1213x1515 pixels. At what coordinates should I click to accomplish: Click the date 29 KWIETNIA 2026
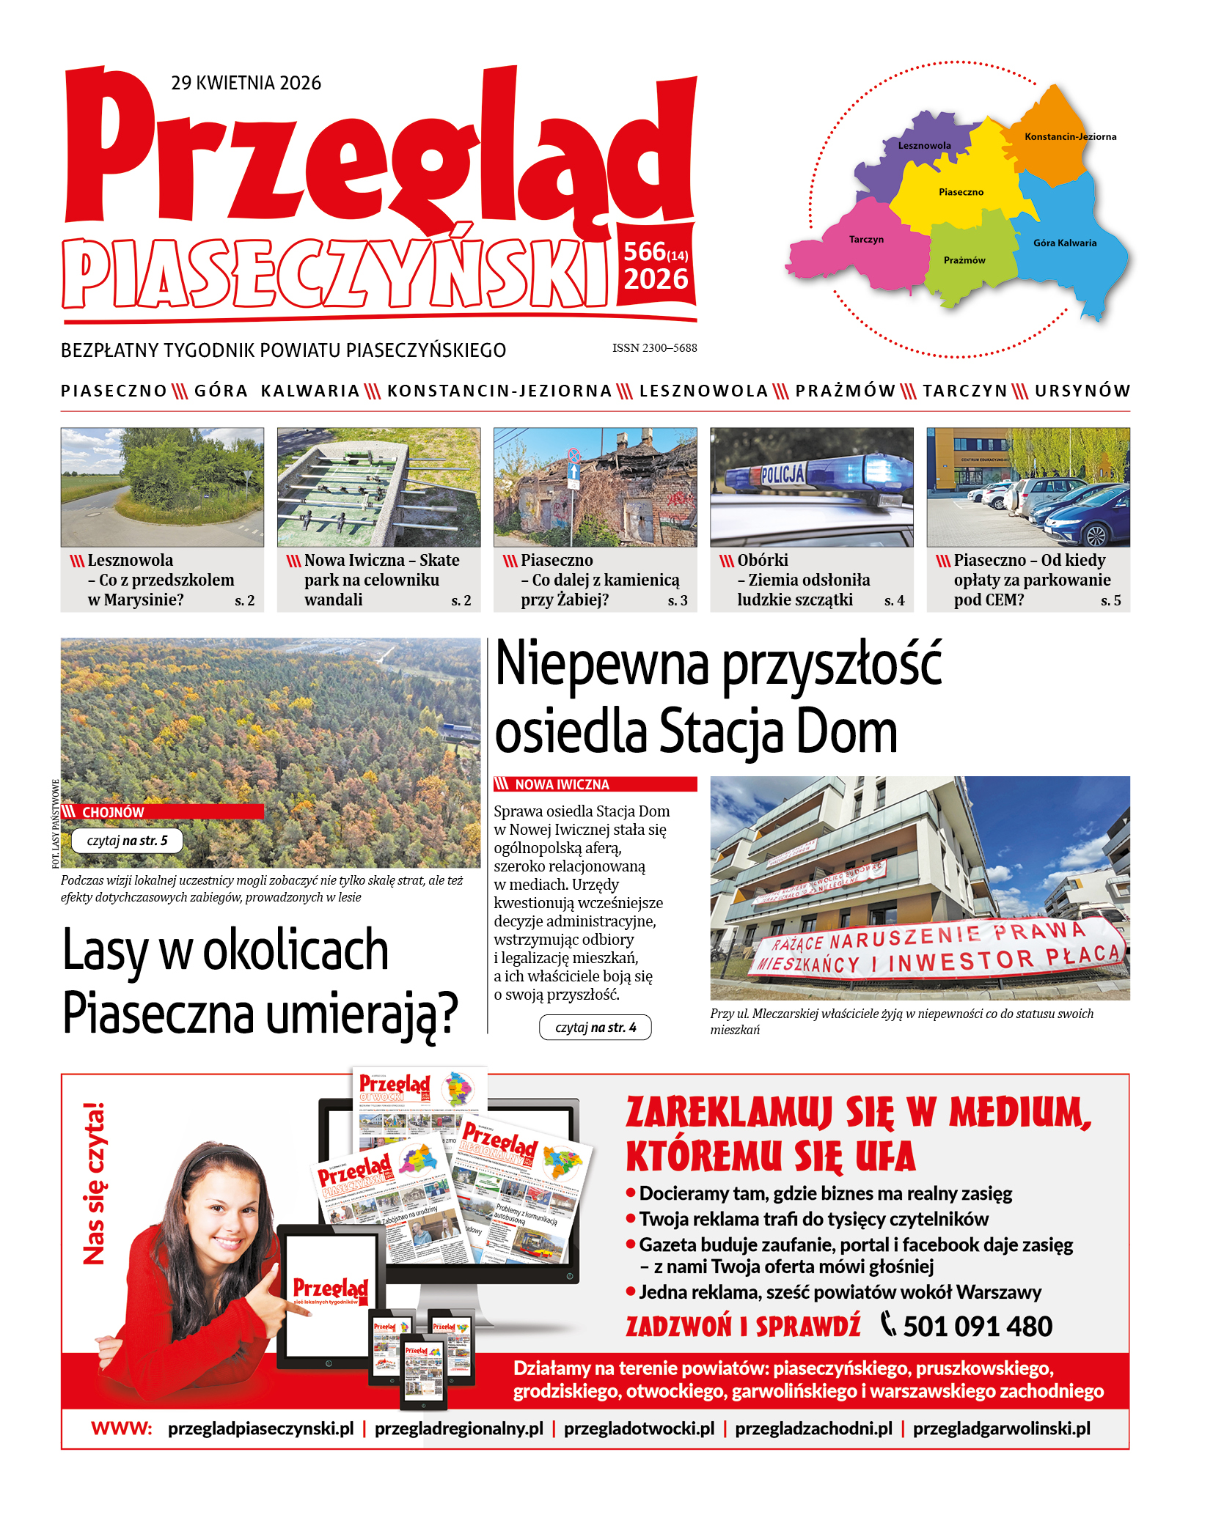click(x=246, y=83)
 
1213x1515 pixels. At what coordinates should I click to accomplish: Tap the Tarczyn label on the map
click(x=866, y=240)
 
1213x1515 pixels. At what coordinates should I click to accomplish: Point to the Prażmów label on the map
click(x=964, y=260)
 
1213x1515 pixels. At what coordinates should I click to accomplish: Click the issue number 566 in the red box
click(x=644, y=252)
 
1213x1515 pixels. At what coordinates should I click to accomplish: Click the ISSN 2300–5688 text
click(x=654, y=348)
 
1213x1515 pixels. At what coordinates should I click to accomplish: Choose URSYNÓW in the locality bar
click(x=1082, y=391)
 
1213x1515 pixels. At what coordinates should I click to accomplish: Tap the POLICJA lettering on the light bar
click(x=783, y=475)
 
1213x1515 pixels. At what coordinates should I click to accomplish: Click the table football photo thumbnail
click(x=378, y=487)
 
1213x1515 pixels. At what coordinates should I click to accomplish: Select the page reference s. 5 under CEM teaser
click(x=1110, y=601)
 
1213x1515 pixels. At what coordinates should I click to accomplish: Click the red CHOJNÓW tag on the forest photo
click(x=113, y=812)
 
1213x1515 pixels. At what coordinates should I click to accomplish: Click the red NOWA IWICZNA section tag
click(x=562, y=784)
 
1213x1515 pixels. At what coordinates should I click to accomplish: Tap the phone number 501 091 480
click(x=977, y=1326)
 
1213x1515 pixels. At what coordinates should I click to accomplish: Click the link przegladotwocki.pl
click(x=639, y=1429)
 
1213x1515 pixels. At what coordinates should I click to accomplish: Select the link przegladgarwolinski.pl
click(x=1001, y=1429)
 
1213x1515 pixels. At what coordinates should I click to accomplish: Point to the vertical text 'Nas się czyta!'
click(x=94, y=1184)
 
